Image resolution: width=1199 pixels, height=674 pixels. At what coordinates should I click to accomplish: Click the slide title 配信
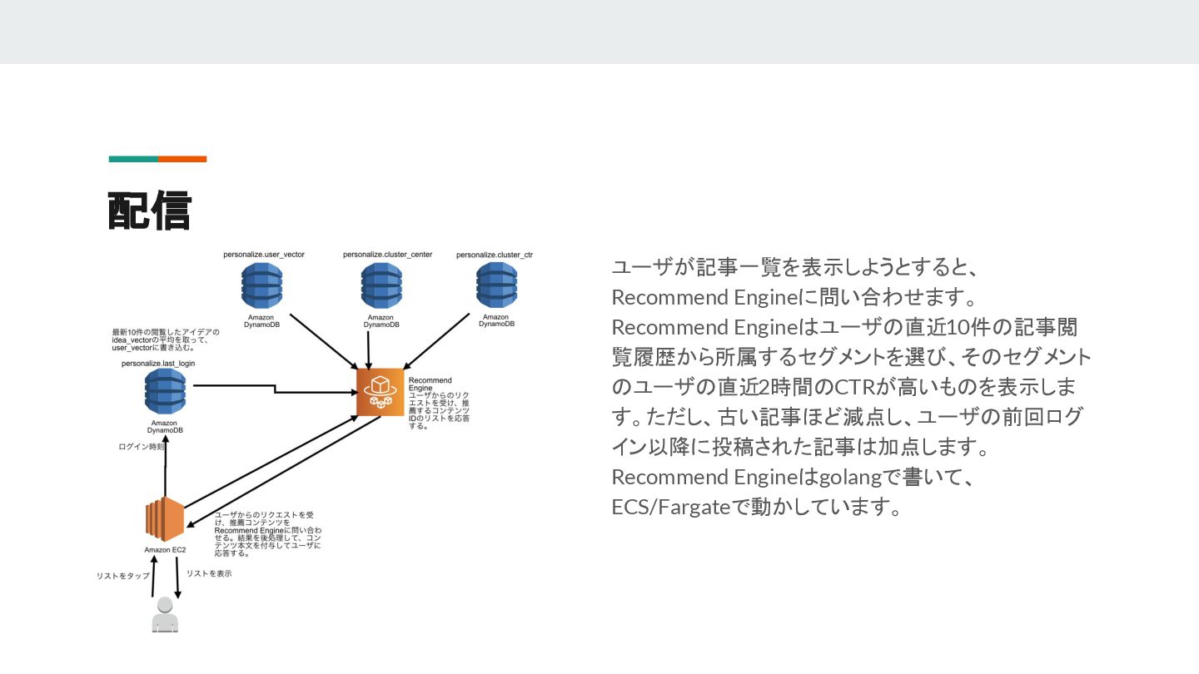(150, 211)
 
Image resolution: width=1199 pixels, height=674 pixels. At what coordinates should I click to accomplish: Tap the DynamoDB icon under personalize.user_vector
(261, 285)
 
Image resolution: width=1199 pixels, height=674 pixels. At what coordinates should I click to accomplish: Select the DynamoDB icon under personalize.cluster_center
(381, 285)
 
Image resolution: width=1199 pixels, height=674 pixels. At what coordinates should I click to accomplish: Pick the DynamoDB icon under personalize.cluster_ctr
(496, 285)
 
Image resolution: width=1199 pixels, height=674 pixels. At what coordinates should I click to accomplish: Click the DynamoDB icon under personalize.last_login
(165, 392)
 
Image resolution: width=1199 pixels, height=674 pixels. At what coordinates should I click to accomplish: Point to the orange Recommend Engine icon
(381, 392)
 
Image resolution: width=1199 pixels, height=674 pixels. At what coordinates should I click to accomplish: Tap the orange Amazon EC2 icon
(164, 519)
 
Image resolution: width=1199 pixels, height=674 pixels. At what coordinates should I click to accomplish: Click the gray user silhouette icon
(165, 616)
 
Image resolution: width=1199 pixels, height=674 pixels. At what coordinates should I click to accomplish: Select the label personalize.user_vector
(263, 255)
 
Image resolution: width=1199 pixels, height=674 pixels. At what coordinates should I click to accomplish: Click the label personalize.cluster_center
(387, 255)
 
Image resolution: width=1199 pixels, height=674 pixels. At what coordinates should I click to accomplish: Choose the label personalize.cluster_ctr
(495, 255)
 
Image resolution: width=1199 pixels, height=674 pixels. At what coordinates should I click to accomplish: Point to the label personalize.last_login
(158, 364)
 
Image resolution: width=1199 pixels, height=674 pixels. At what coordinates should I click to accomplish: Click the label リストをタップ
(123, 576)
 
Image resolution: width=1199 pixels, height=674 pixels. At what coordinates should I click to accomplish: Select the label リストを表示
(209, 573)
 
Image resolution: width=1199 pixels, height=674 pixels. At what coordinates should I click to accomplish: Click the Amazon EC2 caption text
(165, 550)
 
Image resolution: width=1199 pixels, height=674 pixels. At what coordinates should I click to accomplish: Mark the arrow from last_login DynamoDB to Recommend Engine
(275, 388)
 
